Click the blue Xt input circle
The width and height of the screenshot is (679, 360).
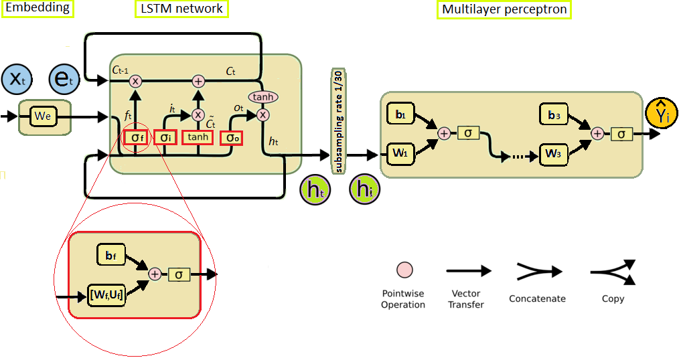point(17,79)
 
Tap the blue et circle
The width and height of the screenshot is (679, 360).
point(64,79)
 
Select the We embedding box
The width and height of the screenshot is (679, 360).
point(43,116)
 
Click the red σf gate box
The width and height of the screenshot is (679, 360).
point(136,138)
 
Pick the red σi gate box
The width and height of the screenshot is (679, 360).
point(165,138)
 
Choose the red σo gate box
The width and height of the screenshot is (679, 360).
point(231,138)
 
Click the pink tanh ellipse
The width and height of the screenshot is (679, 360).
point(263,97)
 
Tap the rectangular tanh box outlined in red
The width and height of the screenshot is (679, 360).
point(198,137)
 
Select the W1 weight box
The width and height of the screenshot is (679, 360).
point(400,153)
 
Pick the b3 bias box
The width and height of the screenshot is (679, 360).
point(554,114)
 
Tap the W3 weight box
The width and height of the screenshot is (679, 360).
point(554,154)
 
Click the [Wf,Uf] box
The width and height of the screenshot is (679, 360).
point(106,296)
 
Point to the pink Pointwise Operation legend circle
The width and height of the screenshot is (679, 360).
point(404,270)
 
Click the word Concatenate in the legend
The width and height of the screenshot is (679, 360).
point(538,298)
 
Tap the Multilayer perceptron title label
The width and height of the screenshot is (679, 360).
point(504,9)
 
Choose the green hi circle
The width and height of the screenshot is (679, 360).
point(365,189)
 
